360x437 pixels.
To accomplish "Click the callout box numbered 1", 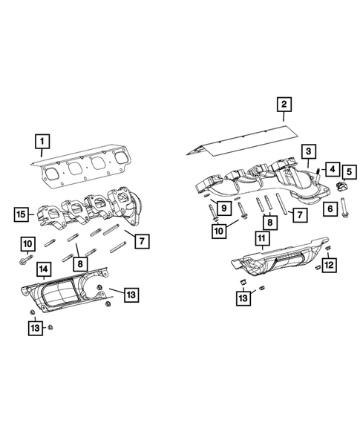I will coord(42,139).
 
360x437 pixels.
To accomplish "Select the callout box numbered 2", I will coord(284,104).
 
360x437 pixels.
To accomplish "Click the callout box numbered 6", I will coord(328,210).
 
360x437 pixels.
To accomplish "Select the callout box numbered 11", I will coord(261,239).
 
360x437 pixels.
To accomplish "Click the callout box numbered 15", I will coord(22,215).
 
